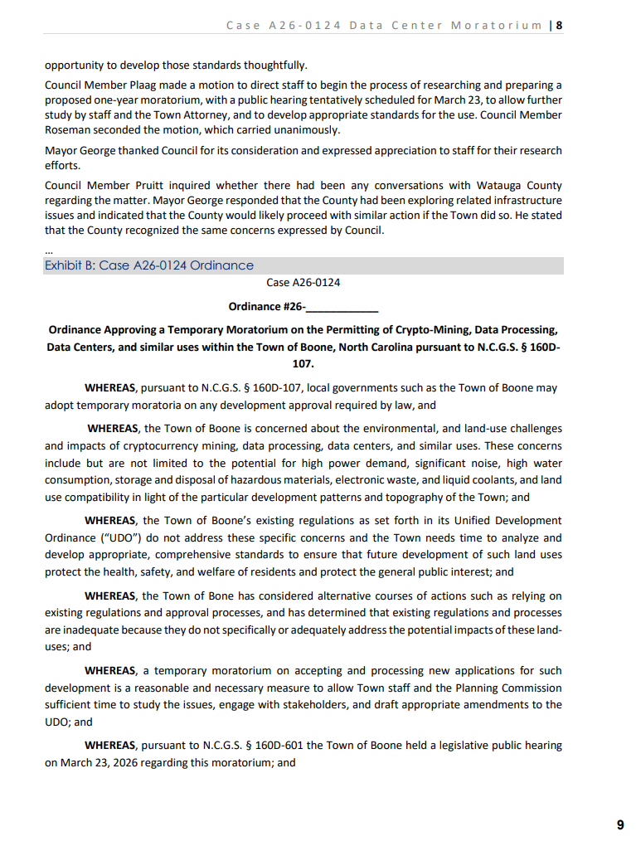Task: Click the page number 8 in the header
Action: pos(560,25)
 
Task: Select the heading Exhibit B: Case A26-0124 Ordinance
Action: pos(149,265)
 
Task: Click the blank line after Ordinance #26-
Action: pos(342,307)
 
